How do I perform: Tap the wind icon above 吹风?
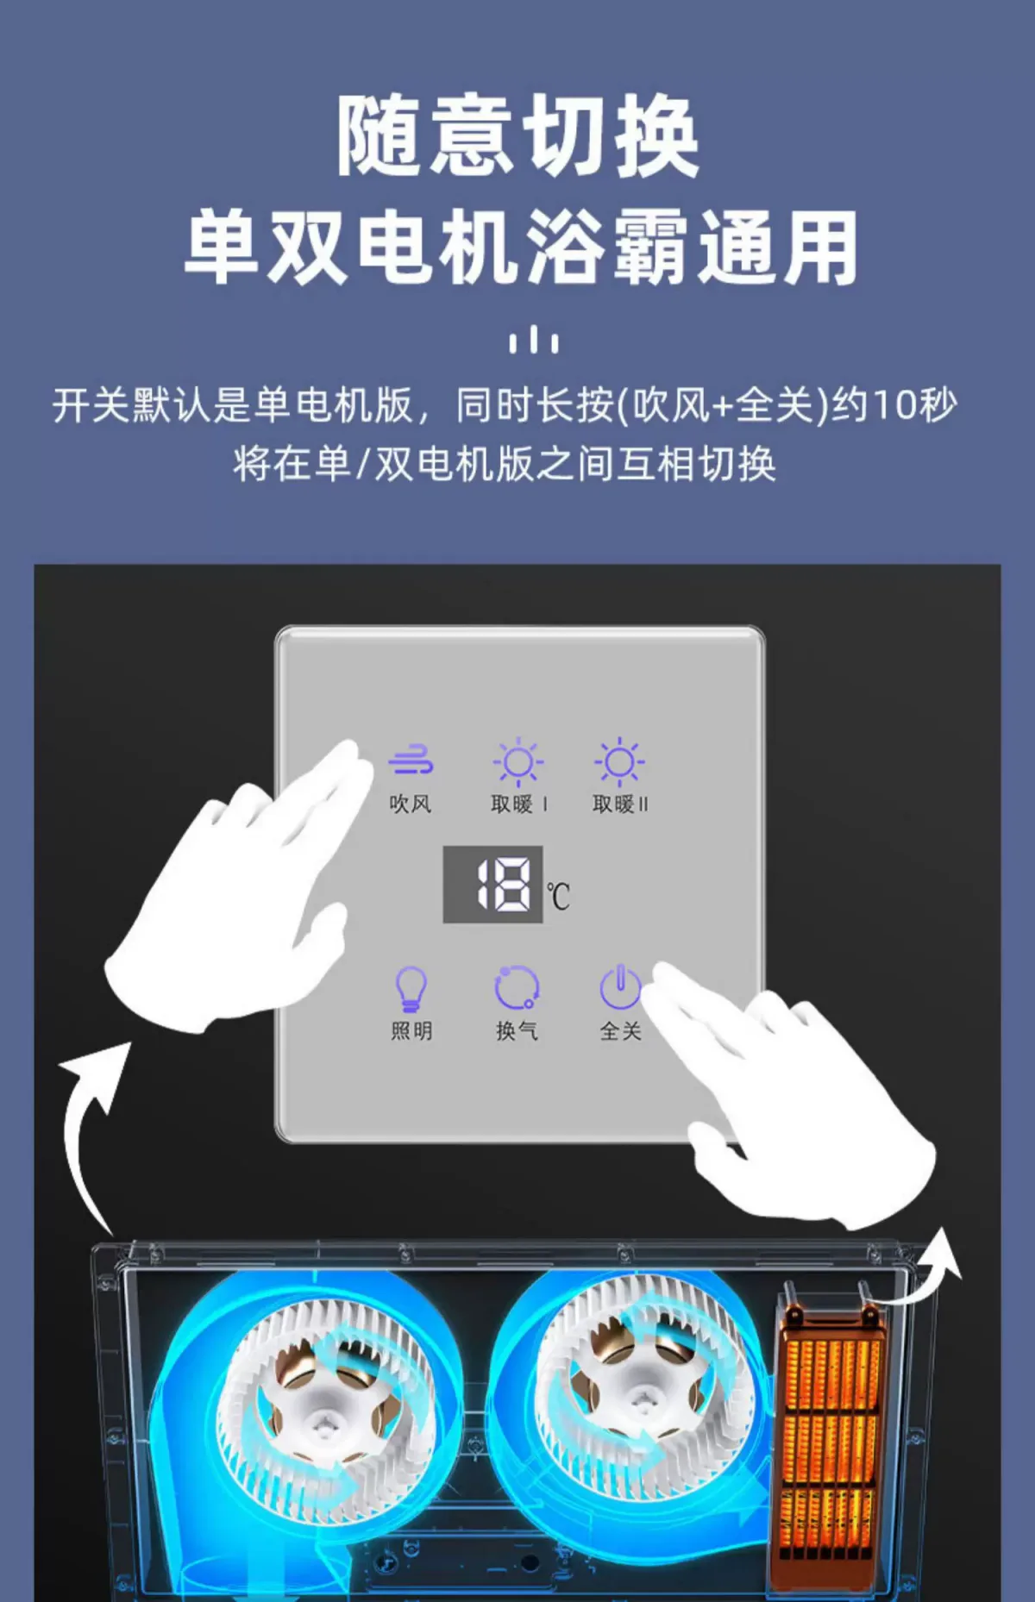[x=411, y=760]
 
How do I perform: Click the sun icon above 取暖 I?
[x=517, y=762]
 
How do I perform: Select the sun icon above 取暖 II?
[x=619, y=762]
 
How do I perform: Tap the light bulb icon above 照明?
[x=411, y=988]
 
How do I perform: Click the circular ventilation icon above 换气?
[x=517, y=987]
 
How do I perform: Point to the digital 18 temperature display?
[x=492, y=885]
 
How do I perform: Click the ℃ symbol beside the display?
[x=558, y=895]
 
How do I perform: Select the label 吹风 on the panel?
[x=411, y=804]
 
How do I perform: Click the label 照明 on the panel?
[x=411, y=1030]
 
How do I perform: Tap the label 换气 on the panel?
[x=517, y=1030]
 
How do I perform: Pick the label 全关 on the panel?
[x=620, y=1030]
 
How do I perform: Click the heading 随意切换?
[x=517, y=136]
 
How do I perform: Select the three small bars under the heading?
[x=534, y=340]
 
